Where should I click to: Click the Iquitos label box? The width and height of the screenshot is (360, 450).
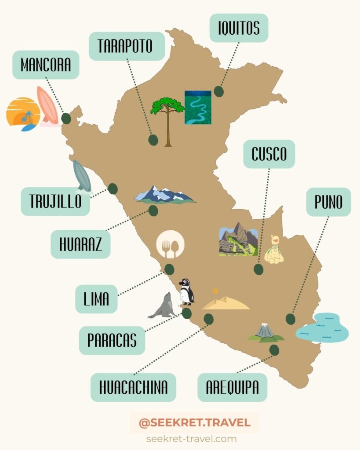239,28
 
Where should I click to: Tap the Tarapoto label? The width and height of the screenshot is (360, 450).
127,46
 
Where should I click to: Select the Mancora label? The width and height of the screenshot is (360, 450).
46,65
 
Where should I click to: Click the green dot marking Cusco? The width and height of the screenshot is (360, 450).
258,269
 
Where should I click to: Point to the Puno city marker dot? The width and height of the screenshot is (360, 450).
290,319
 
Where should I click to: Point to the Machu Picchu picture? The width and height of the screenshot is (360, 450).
238,239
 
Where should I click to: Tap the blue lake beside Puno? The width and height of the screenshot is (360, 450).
322,328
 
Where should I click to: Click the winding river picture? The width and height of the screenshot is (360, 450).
198,107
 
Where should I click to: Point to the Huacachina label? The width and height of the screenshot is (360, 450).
133,387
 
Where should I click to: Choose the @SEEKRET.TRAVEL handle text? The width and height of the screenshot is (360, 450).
194,423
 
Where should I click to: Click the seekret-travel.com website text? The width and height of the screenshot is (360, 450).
191,439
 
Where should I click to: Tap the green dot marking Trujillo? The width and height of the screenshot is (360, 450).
113,189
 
